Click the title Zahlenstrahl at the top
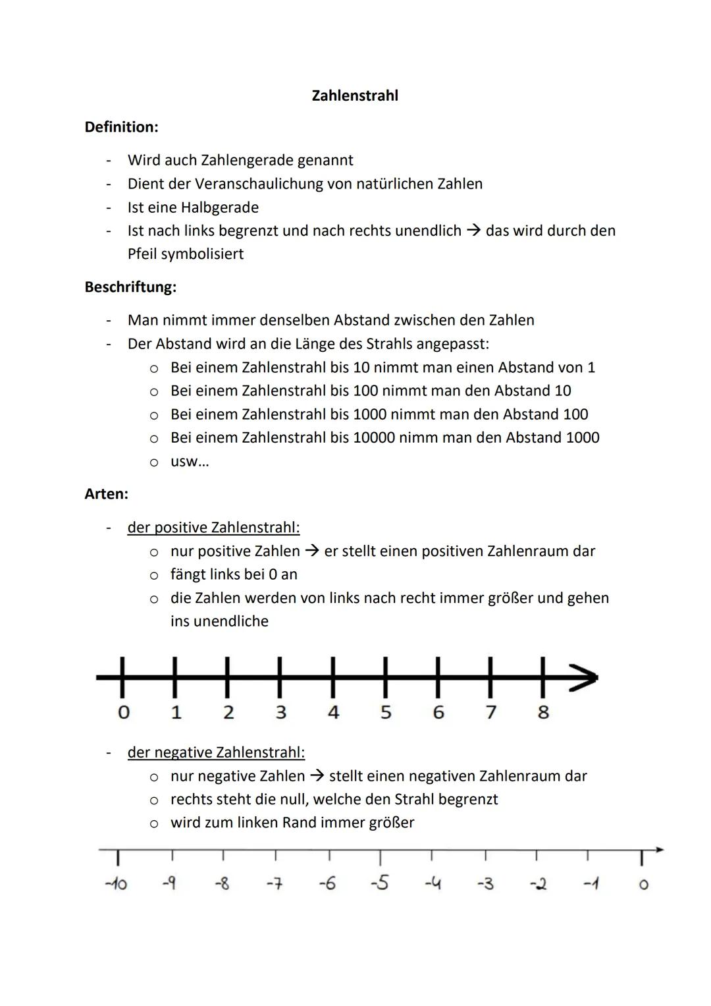click(355, 96)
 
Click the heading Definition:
click(121, 126)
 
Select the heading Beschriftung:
click(130, 287)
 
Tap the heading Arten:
click(106, 493)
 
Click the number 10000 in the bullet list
click(373, 437)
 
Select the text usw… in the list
click(190, 461)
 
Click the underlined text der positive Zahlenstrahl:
click(213, 528)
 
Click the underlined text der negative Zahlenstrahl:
click(216, 752)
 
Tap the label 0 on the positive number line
click(123, 712)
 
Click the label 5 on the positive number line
click(386, 712)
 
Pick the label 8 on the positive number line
click(543, 712)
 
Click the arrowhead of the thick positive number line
click(585, 677)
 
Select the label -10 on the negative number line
click(116, 883)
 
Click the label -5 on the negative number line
click(379, 883)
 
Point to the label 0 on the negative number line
click(643, 884)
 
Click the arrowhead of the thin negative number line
click(659, 850)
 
